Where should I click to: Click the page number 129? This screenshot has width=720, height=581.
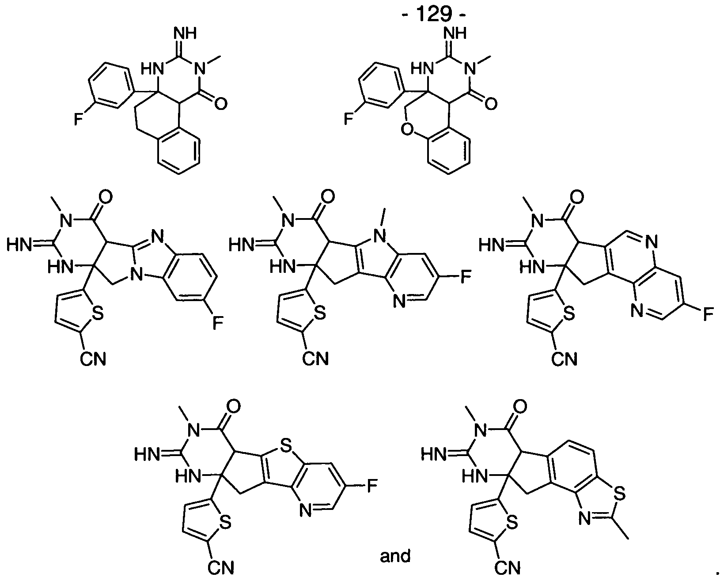coord(434,14)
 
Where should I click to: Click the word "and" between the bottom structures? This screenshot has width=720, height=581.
coord(395,556)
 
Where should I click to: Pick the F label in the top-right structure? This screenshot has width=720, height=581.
coord(349,119)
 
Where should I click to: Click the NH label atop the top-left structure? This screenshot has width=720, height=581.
coord(185,33)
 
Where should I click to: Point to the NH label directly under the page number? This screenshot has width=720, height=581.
coord(455,33)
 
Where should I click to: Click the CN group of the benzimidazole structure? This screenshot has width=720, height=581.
coord(93,359)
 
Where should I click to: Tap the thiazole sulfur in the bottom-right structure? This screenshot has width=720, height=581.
coord(619,494)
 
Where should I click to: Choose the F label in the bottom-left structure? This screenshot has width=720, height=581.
coord(372,487)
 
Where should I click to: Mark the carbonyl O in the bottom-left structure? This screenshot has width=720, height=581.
coord(234,407)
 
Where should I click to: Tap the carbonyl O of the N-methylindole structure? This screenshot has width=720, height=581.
coord(328,196)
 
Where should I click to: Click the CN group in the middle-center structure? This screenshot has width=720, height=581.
coord(315,359)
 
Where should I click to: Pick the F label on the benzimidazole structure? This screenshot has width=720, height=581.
coord(218,323)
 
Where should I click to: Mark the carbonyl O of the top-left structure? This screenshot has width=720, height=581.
coord(220,103)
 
